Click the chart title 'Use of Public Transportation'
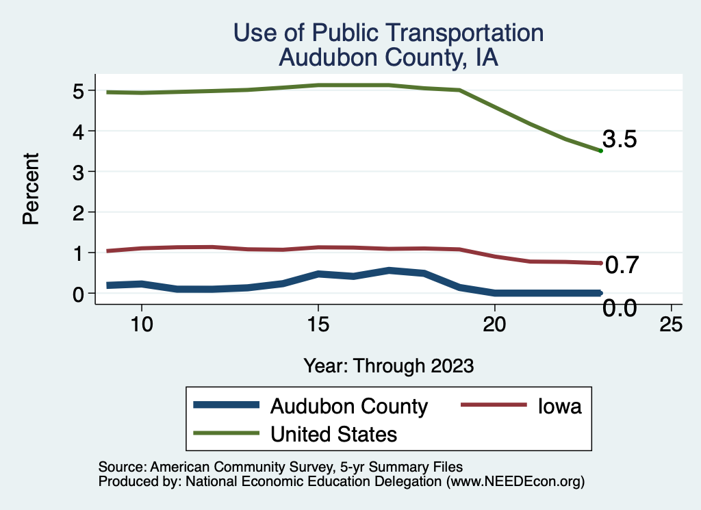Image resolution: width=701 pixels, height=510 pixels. coord(388,33)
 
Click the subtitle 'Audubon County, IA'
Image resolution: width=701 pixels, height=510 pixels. coord(388,58)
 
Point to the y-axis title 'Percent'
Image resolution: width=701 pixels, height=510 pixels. coord(30,198)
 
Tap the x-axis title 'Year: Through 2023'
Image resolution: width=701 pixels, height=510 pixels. coord(389,366)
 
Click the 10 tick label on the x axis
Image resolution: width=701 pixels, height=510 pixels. coord(141,324)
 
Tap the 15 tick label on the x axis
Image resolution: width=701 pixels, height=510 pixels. coord(318,324)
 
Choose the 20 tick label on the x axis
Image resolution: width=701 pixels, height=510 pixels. coord(494,324)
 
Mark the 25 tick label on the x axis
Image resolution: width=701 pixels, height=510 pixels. coord(671,324)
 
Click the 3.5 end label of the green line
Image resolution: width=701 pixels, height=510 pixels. coord(620,140)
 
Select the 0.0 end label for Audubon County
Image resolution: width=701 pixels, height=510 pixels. coord(620,309)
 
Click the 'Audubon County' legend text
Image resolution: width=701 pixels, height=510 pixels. coord(349,406)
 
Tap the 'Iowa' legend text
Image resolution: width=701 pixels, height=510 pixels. coord(559,406)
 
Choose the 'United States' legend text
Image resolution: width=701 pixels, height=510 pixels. coord(334,434)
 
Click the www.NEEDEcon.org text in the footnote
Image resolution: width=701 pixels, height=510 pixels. coord(515,482)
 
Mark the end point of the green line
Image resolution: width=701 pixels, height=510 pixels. coord(600,151)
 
